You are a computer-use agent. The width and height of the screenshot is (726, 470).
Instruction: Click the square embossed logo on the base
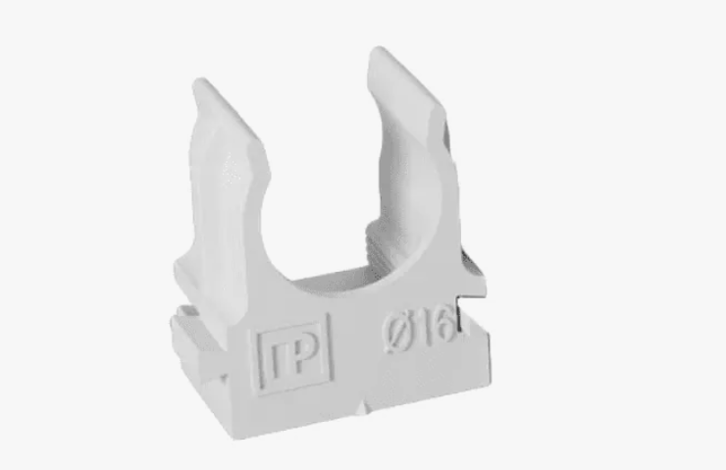point(294,354)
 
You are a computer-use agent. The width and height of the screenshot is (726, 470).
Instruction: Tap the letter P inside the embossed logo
point(305,354)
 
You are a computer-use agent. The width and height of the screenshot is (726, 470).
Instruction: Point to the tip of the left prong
point(200,80)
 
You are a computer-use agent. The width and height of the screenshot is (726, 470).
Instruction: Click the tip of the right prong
point(378,49)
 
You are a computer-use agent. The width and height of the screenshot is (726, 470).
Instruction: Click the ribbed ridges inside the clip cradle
point(380,245)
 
